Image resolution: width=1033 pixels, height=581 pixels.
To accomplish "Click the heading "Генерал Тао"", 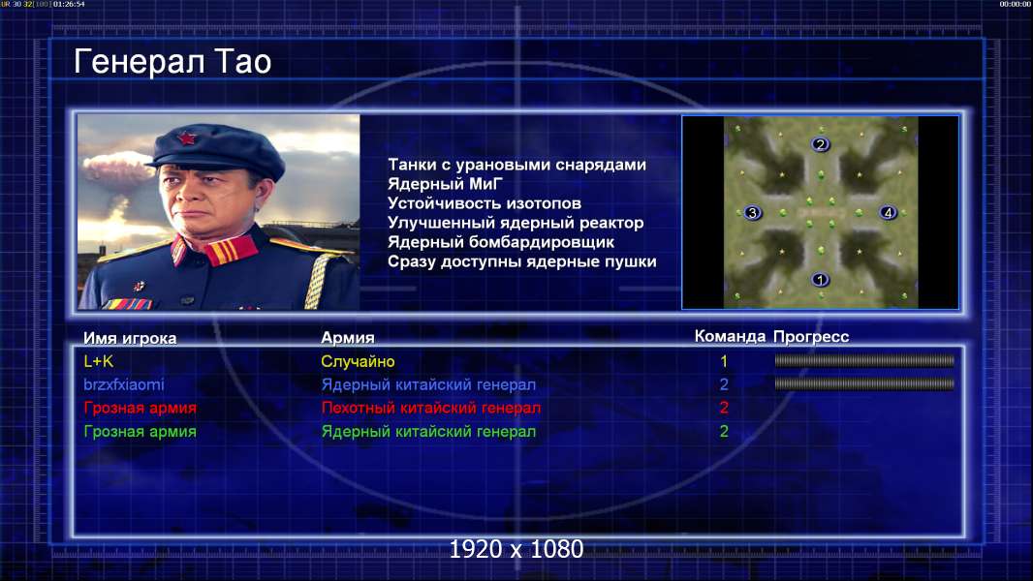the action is [x=172, y=62].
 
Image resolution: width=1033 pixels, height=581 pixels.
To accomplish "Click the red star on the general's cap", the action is [x=187, y=138].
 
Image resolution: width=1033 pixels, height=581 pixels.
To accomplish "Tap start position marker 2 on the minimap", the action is [x=820, y=144].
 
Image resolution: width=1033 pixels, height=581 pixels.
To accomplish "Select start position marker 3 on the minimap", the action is [x=752, y=212].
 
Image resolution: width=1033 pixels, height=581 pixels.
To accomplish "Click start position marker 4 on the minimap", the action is [x=888, y=212].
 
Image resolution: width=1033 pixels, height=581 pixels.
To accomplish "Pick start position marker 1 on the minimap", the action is [x=820, y=280].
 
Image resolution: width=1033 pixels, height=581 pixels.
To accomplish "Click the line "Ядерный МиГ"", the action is [x=446, y=184].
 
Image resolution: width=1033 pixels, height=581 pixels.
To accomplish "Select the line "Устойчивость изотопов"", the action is [x=485, y=203].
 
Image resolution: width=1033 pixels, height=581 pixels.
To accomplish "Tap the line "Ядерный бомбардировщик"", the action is [x=501, y=242].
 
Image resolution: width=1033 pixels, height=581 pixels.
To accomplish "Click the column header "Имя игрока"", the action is [x=130, y=338].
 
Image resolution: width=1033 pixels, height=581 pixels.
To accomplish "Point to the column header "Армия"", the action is [x=348, y=338].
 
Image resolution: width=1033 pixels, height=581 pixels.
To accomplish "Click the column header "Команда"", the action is [x=730, y=336].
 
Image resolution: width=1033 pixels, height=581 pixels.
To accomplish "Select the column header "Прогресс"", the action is [x=811, y=337].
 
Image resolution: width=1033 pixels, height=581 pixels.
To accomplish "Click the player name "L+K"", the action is [x=99, y=361].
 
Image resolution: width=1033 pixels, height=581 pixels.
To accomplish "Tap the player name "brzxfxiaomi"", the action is [x=124, y=384].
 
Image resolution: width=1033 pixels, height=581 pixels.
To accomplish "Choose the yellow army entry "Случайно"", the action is [x=358, y=361].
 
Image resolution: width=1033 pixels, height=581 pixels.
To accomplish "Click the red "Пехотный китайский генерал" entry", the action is [x=431, y=408].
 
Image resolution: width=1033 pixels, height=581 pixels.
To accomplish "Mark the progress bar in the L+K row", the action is [x=864, y=360].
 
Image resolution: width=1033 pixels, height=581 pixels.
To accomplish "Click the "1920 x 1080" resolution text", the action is [x=516, y=549].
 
